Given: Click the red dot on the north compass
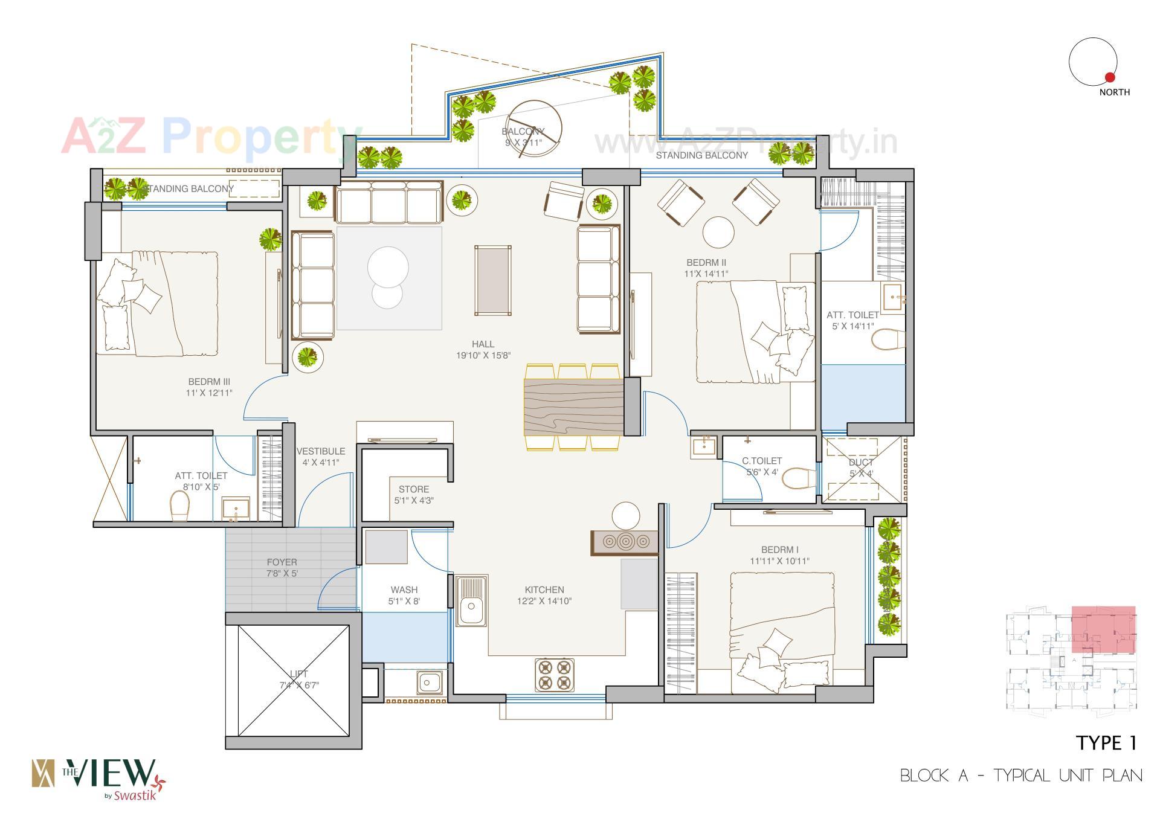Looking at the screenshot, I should click(x=1109, y=77).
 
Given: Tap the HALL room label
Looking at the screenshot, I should click(x=483, y=344).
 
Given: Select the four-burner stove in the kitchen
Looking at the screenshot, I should click(x=554, y=675).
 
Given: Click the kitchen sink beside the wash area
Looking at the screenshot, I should click(x=471, y=602).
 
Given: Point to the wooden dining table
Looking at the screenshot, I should click(x=573, y=406).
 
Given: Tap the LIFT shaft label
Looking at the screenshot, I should click(x=298, y=673).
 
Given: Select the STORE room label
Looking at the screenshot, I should click(x=414, y=489).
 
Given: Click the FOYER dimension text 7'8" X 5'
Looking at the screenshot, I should click(x=282, y=573).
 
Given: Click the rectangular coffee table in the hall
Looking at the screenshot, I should click(x=493, y=280).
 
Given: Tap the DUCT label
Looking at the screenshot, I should click(x=861, y=463).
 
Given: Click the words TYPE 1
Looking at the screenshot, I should click(x=1106, y=743).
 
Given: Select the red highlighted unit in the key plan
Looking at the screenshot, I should click(x=1103, y=629).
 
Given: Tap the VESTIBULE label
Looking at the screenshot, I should click(x=321, y=451).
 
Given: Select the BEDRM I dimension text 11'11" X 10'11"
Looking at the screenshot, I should click(x=779, y=561).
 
